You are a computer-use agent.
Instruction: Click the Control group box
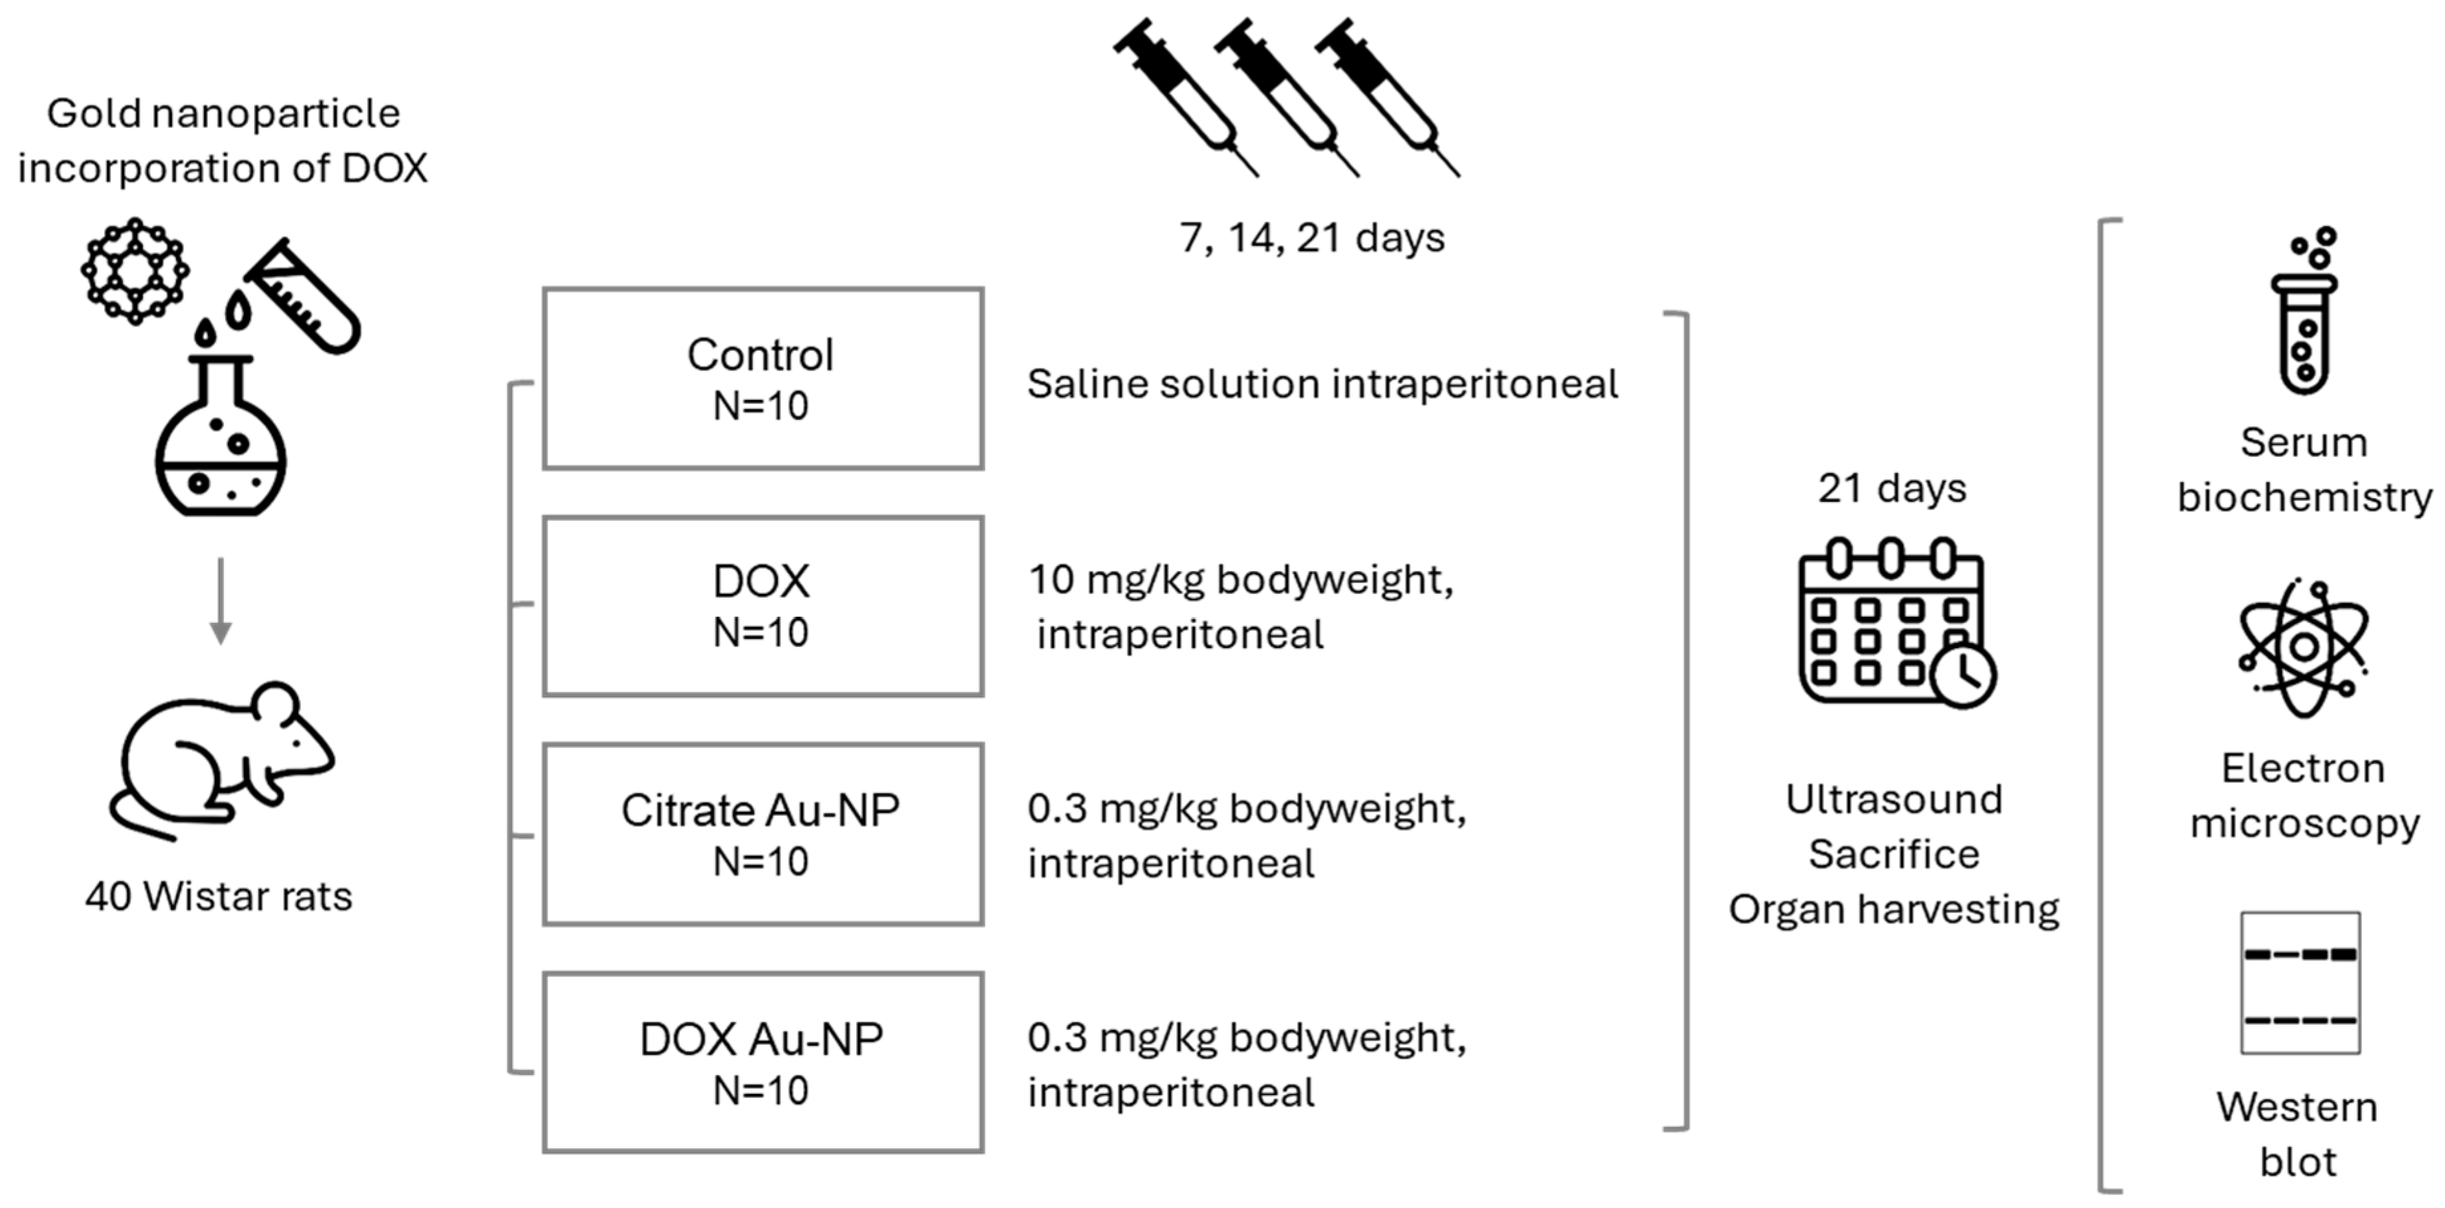click(762, 379)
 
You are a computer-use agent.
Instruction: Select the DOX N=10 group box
click(762, 606)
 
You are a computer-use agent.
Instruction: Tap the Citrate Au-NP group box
click(762, 834)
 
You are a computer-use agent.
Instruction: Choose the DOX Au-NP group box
click(762, 1063)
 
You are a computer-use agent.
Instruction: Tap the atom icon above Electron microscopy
click(2304, 648)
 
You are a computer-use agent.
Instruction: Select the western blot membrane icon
click(2300, 983)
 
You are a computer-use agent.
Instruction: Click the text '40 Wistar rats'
click(219, 897)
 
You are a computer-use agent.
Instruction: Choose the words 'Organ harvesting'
click(1894, 910)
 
